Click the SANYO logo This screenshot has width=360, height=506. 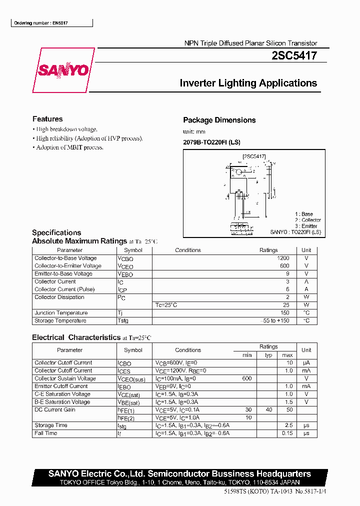point(63,70)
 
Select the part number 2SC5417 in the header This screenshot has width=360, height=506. point(294,56)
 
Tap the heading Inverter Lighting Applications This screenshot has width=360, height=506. point(248,83)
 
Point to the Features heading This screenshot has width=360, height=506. point(47,119)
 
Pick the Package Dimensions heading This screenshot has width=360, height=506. point(219,120)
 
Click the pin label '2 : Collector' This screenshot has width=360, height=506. point(307,220)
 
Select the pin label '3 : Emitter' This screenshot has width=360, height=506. point(306,226)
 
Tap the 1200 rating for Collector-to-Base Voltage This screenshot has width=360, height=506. point(283,258)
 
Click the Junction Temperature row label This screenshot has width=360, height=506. point(61,313)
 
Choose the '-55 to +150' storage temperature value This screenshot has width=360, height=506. point(276,320)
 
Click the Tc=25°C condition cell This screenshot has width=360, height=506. point(166,305)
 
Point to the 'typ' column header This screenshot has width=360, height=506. point(268,355)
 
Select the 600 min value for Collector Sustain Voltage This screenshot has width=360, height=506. point(246,378)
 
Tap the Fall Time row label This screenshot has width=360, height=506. point(46,433)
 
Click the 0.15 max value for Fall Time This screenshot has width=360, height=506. point(287,433)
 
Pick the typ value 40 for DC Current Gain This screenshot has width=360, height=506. point(269,409)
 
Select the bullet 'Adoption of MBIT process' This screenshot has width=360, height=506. point(69,147)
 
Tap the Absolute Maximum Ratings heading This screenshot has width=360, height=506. point(79,241)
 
